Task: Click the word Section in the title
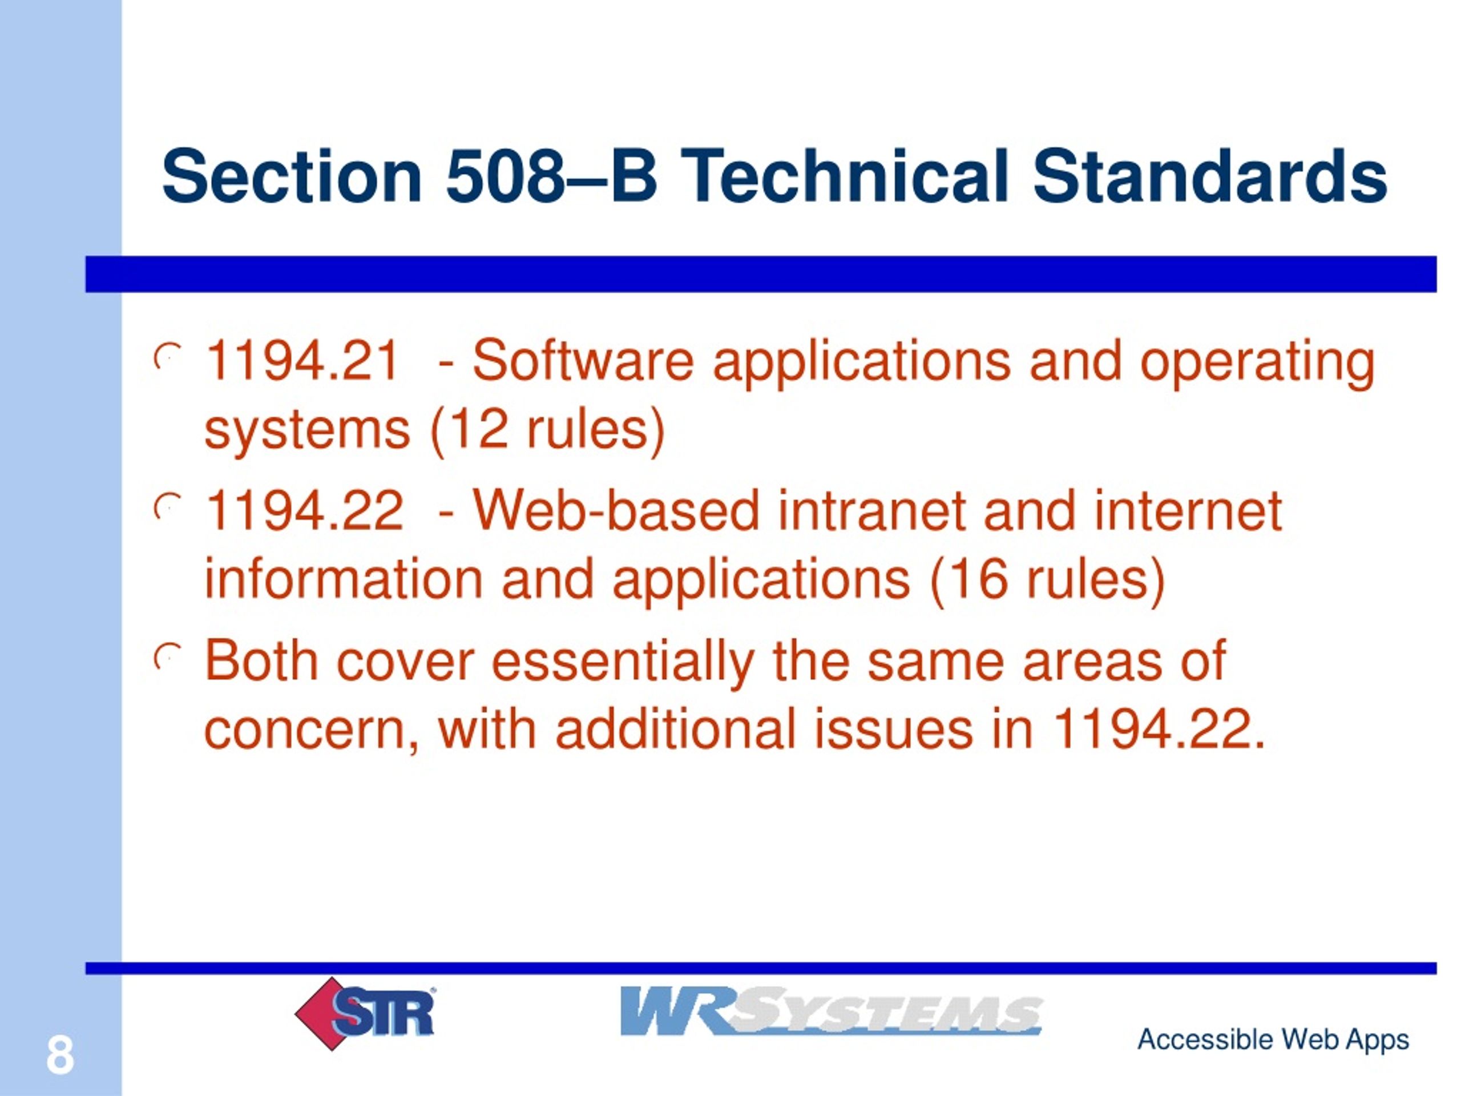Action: pyautogui.click(x=292, y=176)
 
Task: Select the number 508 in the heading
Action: pyautogui.click(x=504, y=176)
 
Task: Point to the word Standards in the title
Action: pyautogui.click(x=1209, y=176)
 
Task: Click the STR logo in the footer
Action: pyautogui.click(x=365, y=1013)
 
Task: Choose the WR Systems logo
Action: pyautogui.click(x=831, y=1010)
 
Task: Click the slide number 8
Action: pyautogui.click(x=60, y=1055)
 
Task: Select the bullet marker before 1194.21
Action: pyautogui.click(x=167, y=358)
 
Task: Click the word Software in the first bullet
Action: pyautogui.click(x=583, y=361)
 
